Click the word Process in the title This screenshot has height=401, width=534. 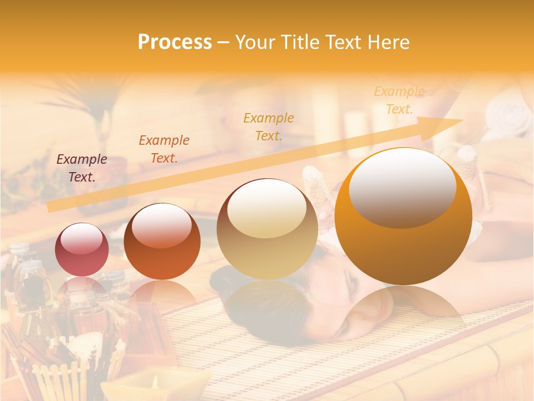[x=175, y=42]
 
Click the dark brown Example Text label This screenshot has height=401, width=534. [x=82, y=168]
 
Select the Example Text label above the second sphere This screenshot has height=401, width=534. [x=164, y=149]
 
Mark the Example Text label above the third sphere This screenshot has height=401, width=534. [x=269, y=126]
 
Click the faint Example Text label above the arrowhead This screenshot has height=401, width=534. [x=399, y=100]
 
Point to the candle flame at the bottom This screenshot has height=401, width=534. [x=155, y=381]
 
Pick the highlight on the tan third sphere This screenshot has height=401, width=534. [x=267, y=209]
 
